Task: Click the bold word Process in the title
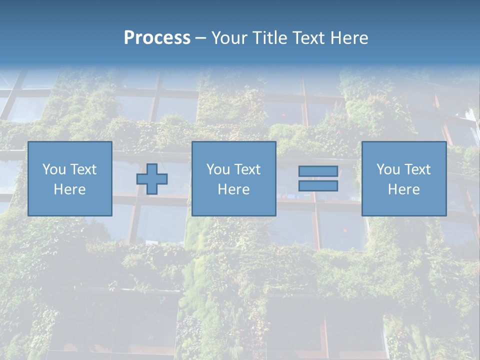pos(157,38)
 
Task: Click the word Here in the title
pos(349,38)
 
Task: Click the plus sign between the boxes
pos(152,179)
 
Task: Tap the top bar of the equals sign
pos(318,171)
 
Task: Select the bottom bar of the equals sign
pos(318,186)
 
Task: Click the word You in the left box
pos(54,169)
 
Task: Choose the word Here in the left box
pos(69,189)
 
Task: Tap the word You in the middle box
pos(218,169)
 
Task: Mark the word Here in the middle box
pos(233,189)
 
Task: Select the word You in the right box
pos(388,169)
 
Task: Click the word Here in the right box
pos(403,189)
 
